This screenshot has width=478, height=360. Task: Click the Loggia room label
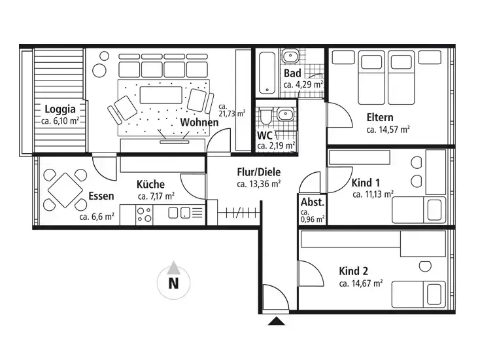pyautogui.click(x=60, y=109)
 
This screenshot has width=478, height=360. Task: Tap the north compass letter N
pyautogui.click(x=173, y=283)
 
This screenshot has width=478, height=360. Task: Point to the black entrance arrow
pyautogui.click(x=276, y=321)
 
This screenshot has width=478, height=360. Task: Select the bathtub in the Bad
pyautogui.click(x=267, y=73)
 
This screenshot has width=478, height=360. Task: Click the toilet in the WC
pyautogui.click(x=266, y=115)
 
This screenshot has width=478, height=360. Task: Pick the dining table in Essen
pyautogui.click(x=65, y=190)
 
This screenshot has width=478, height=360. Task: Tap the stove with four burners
pyautogui.click(x=144, y=215)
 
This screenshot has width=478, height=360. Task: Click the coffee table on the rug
pyautogui.click(x=161, y=95)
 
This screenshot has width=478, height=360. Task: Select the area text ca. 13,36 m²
pyautogui.click(x=259, y=184)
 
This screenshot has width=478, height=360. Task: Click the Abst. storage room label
pyautogui.click(x=313, y=202)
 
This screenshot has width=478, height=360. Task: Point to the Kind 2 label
pyautogui.click(x=353, y=271)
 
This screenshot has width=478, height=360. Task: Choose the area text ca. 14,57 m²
pyautogui.click(x=388, y=130)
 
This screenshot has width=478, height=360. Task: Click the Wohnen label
pyautogui.click(x=199, y=122)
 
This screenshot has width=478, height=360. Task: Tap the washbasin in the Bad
pyautogui.click(x=290, y=56)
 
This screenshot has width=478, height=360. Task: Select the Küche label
pyautogui.click(x=150, y=184)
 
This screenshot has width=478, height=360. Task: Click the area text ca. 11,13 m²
pyautogui.click(x=373, y=194)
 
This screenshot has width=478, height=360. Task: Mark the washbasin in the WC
pyautogui.click(x=285, y=115)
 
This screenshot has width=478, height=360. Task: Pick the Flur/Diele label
pyautogui.click(x=259, y=172)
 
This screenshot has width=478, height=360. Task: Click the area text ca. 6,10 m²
pyautogui.click(x=60, y=121)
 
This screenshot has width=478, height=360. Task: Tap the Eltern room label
pyautogui.click(x=380, y=117)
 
